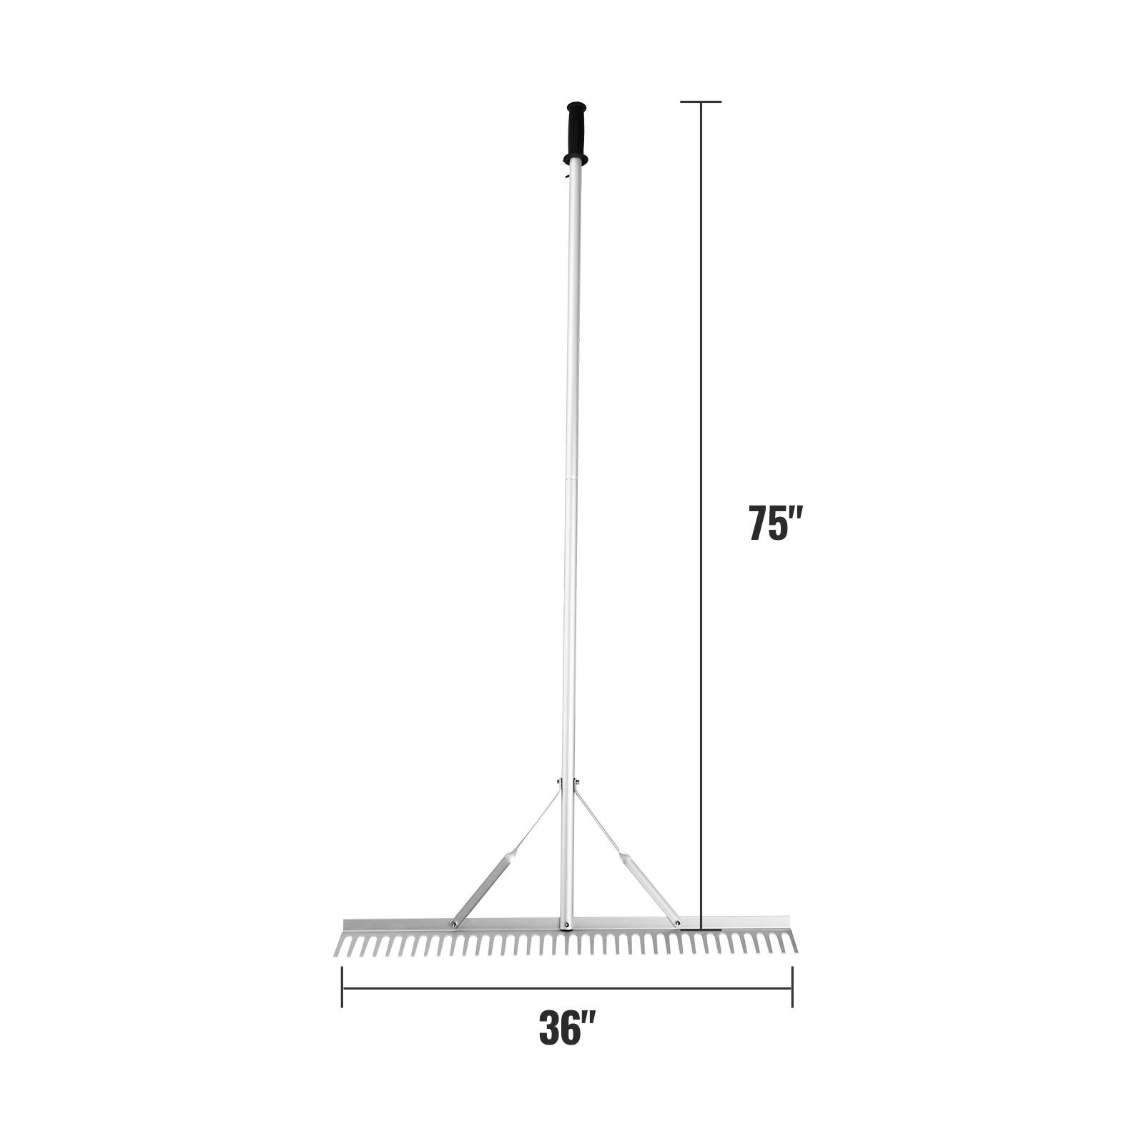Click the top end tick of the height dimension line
point(700,102)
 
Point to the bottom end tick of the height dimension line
point(701,930)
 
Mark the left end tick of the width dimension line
point(342,987)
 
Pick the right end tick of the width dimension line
point(792,987)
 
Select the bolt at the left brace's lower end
point(453,924)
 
